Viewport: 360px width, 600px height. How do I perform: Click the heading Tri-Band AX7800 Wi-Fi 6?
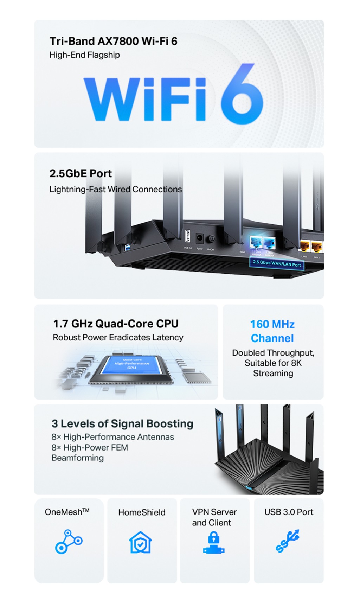(x=113, y=41)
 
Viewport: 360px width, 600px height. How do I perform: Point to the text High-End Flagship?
(x=84, y=55)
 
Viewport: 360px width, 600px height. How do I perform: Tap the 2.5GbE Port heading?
(x=81, y=173)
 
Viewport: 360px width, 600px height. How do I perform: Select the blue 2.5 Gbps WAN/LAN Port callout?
(x=277, y=263)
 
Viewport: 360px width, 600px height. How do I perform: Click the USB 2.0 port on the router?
(x=188, y=236)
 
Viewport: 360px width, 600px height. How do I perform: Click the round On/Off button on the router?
(x=211, y=239)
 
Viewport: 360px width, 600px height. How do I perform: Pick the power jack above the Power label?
(x=199, y=238)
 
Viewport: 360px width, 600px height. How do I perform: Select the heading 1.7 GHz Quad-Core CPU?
(x=116, y=324)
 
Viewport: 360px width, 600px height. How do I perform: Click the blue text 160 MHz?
(x=272, y=324)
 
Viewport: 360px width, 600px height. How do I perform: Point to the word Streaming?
(x=273, y=373)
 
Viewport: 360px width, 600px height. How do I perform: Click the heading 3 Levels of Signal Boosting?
(x=122, y=424)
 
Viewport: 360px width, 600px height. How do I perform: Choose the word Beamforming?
(x=78, y=458)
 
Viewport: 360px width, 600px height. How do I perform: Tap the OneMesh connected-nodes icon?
(x=69, y=541)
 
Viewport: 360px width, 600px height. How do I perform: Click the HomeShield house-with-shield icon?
(x=141, y=542)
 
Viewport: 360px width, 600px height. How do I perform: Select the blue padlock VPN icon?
(x=214, y=543)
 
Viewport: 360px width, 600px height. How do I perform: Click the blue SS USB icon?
(x=288, y=541)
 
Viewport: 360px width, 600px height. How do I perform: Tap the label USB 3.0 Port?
(x=289, y=512)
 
